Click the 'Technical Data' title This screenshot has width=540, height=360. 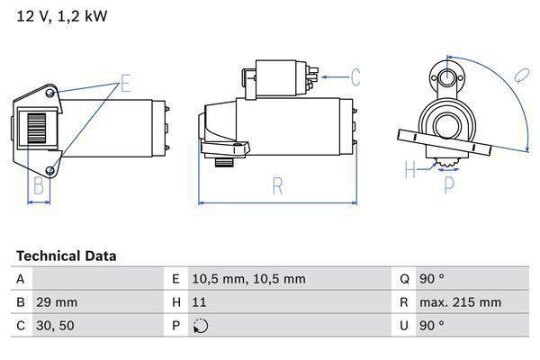tap(66, 256)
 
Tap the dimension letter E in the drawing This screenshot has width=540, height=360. tap(126, 85)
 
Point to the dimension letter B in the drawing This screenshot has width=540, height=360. tap(39, 186)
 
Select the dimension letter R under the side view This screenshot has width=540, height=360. tap(278, 187)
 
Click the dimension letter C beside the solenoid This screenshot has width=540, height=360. tap(355, 76)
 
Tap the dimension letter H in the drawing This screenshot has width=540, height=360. tap(410, 168)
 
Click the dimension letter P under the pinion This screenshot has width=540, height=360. tap(449, 185)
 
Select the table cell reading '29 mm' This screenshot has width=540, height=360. tap(57, 302)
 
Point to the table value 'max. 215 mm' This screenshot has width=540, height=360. tap(463, 302)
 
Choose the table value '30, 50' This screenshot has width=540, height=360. tap(54, 325)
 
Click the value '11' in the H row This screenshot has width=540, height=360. tap(199, 302)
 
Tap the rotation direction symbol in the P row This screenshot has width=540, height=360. tap(200, 326)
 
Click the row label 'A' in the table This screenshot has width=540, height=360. tap(20, 279)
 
